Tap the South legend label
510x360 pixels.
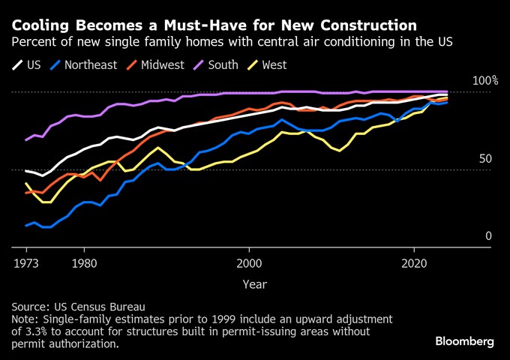[x=223, y=64]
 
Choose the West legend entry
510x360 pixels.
[x=273, y=64]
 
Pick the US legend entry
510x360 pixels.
[x=33, y=64]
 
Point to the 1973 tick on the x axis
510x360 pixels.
[x=26, y=263]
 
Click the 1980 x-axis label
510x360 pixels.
[x=84, y=263]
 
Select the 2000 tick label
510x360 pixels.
[x=249, y=263]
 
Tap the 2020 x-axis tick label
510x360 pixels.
[x=415, y=263]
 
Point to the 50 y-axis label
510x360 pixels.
[x=485, y=158]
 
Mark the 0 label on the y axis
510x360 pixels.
[x=488, y=235]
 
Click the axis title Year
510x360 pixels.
[x=253, y=283]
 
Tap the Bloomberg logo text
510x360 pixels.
[x=464, y=341]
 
